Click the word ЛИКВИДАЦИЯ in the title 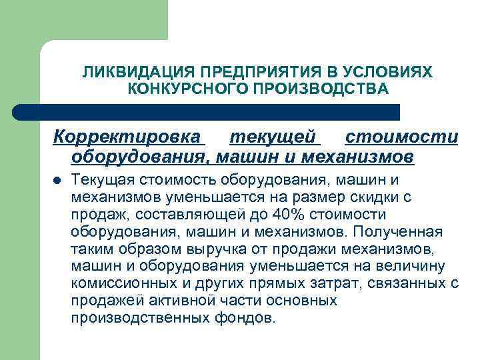click(123, 72)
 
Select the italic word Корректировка click(127, 137)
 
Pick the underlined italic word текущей click(273, 137)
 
